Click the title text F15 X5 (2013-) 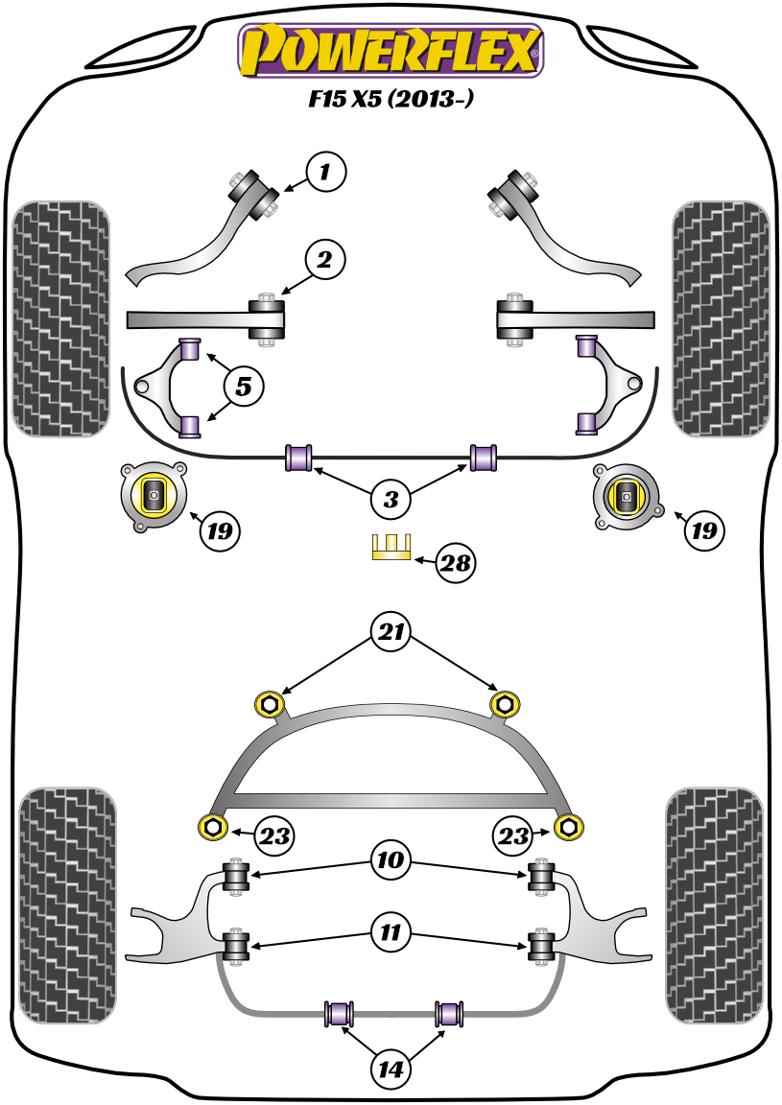391,99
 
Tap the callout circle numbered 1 325,173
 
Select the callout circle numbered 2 325,259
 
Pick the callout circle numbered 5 244,387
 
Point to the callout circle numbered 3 391,498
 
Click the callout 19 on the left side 220,529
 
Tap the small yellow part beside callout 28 391,548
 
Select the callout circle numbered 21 391,633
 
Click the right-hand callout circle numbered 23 513,836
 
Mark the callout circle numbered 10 391,862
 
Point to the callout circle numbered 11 391,931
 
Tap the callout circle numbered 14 391,1068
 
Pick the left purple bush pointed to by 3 300,458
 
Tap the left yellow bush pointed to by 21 270,705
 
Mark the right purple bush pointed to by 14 449,1013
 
